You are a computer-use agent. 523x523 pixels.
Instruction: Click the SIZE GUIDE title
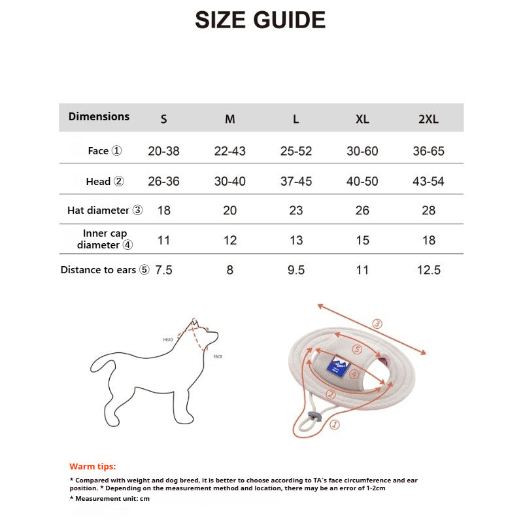260,20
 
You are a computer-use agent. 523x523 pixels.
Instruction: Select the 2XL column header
428,119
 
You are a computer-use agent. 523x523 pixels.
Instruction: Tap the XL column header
362,119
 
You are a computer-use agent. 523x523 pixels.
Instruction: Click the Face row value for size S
163,151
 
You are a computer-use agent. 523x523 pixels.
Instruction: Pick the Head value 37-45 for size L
296,181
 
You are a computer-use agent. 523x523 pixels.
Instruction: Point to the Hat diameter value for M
230,211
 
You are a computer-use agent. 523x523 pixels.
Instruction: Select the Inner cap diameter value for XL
362,241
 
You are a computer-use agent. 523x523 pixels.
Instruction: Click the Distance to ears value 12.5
428,270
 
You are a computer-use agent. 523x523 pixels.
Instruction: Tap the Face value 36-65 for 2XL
428,151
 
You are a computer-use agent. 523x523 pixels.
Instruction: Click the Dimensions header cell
99,116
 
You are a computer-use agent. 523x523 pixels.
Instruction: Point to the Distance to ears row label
105,270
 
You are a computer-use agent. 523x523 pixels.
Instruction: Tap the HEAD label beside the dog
168,340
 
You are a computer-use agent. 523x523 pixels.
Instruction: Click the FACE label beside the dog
218,357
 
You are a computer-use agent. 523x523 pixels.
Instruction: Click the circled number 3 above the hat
377,324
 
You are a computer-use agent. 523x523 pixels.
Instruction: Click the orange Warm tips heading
92,466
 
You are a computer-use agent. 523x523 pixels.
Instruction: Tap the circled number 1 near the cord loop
334,425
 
